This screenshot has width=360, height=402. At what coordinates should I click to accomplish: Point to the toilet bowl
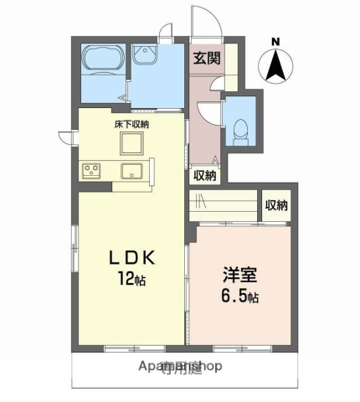tap(241, 129)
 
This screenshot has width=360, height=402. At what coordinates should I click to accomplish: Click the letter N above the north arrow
tap(276, 40)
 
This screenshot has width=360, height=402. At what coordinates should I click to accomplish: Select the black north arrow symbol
tap(275, 65)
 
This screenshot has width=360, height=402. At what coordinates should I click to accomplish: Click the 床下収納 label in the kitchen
tap(131, 124)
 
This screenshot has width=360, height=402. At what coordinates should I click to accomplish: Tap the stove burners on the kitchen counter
tap(90, 171)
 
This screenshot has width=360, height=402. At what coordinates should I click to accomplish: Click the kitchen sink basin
tap(132, 172)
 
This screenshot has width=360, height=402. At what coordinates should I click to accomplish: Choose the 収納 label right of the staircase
tap(276, 205)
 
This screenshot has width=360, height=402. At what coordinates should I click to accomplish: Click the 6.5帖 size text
tap(239, 296)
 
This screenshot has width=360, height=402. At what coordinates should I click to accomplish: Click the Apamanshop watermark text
tap(179, 366)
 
